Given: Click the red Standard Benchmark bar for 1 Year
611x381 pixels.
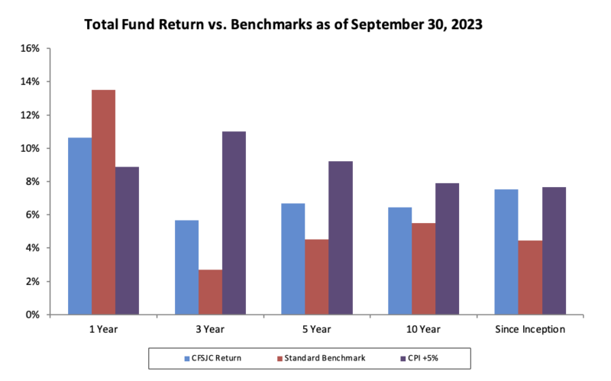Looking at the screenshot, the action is point(104,202).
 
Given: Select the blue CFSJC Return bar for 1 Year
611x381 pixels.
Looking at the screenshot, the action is point(80,226).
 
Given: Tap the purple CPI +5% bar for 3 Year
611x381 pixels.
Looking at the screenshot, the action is point(234,223).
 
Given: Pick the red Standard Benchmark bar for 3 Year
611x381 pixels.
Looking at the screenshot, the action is point(211,292).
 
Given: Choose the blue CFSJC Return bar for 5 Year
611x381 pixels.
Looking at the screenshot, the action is point(293,259).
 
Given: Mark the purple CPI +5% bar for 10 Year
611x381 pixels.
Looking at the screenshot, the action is point(447,249).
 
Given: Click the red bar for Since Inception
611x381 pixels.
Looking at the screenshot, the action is point(530,277).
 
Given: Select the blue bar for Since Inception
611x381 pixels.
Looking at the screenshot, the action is point(506,252).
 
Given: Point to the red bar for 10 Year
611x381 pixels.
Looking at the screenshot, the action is point(424,269).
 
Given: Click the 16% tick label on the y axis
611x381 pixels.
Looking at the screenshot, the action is point(30,48).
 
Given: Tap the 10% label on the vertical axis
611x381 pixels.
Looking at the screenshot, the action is point(30,148).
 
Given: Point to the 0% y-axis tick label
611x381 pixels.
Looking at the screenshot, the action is point(33,315).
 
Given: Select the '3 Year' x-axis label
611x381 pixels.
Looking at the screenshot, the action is point(210,329).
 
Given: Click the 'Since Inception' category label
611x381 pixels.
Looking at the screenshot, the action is point(530,329).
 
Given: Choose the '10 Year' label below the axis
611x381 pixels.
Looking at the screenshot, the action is point(423,329).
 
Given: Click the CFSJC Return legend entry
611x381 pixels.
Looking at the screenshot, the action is point(213,358).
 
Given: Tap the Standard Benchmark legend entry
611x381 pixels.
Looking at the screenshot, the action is point(322,358).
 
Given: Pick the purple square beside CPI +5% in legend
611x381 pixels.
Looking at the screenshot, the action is point(403,358).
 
